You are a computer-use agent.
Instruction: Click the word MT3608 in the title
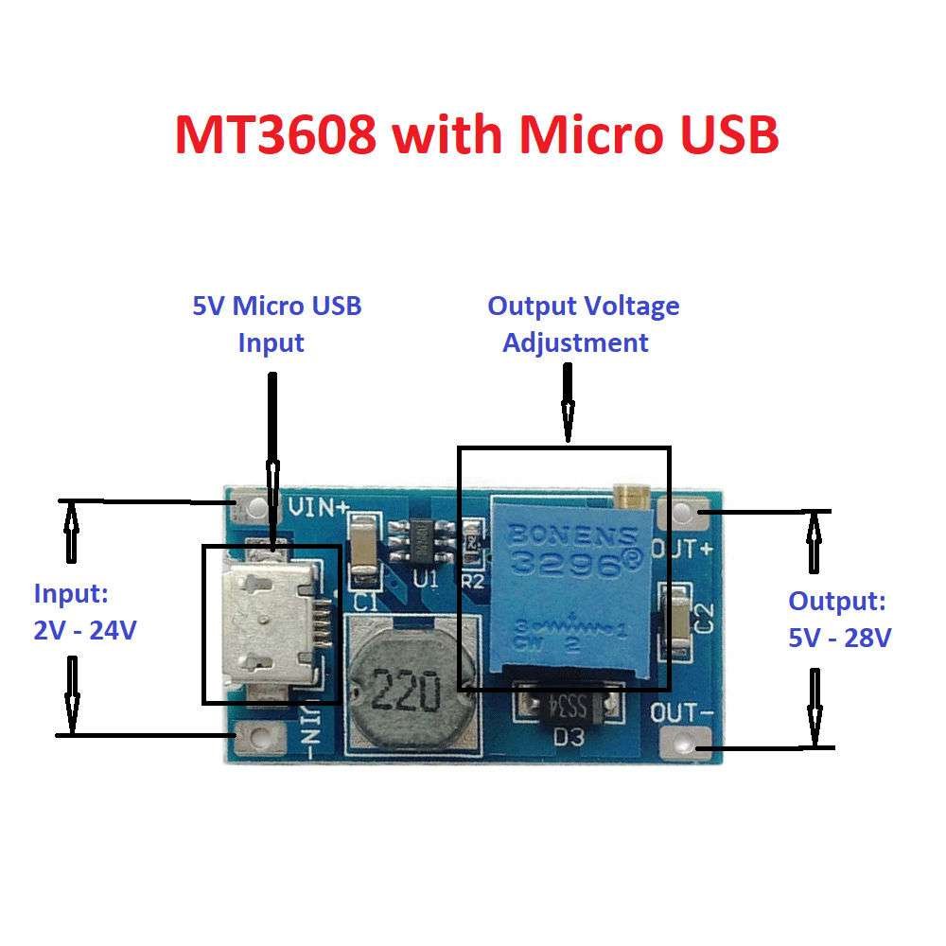tap(276, 135)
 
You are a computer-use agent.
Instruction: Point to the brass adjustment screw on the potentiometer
tap(628, 493)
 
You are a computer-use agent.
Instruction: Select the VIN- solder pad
tap(253, 735)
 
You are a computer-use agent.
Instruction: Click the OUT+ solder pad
tap(689, 514)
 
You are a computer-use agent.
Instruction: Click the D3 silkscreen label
tap(568, 738)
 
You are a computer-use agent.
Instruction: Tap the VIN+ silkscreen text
tap(317, 507)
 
